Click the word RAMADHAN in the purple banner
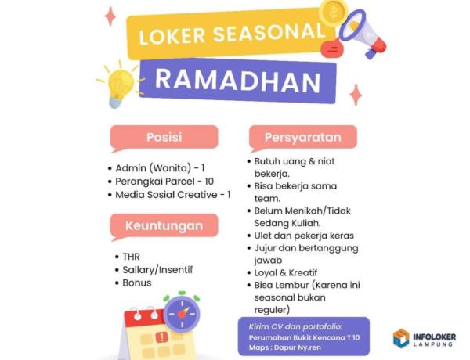[237, 80]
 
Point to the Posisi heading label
[164, 138]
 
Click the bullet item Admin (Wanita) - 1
[160, 168]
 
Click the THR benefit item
[131, 257]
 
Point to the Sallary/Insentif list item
[157, 270]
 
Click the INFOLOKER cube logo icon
[402, 338]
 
